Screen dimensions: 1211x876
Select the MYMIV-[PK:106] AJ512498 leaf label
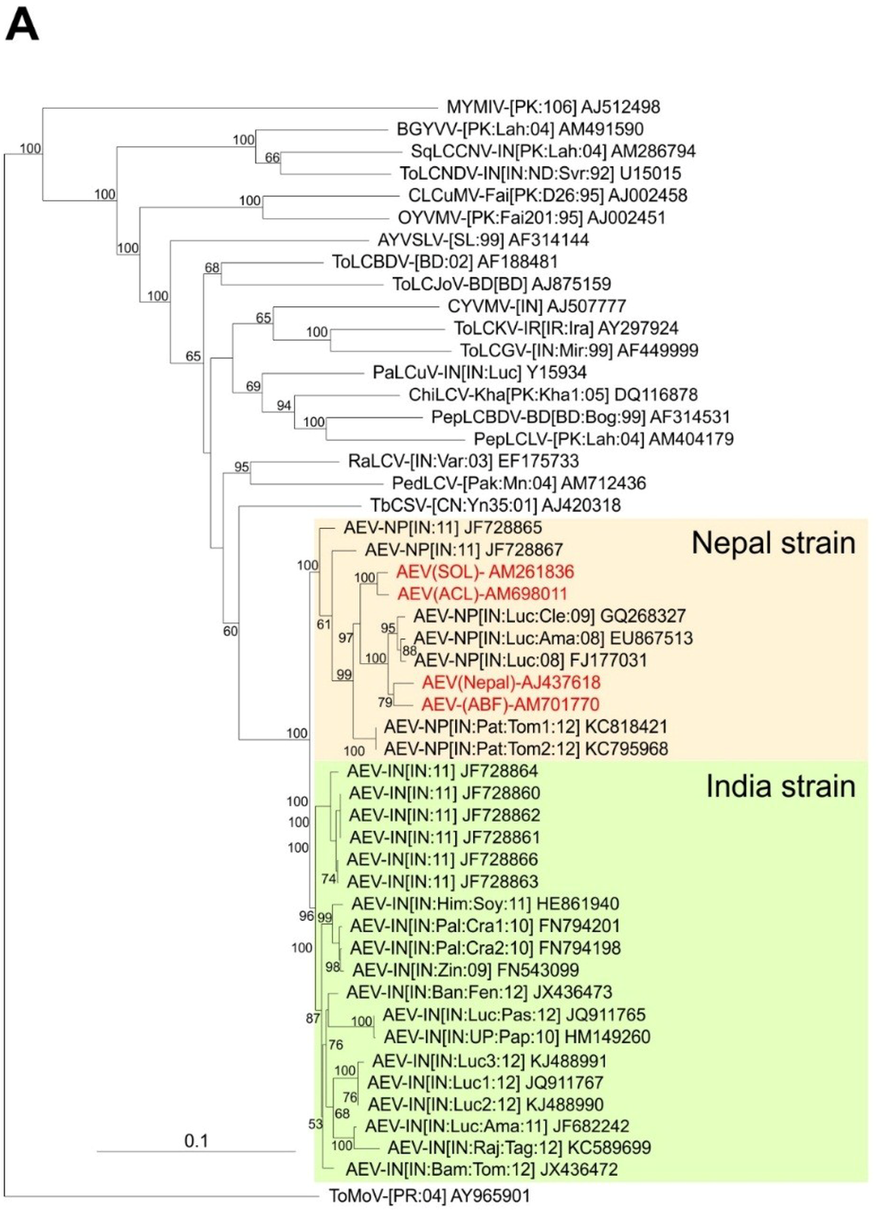tap(553, 107)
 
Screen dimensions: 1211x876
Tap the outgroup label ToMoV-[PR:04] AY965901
tap(429, 1196)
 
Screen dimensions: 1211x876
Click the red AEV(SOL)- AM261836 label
tap(484, 572)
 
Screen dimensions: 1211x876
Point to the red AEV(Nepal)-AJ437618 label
tap(511, 682)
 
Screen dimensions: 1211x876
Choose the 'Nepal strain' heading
tap(772, 543)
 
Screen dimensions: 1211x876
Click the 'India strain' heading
tap(779, 786)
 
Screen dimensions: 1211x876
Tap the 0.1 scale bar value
tap(196, 1140)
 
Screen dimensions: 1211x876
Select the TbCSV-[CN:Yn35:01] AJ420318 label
tap(495, 505)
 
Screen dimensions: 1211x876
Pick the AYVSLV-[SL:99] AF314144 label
tap(482, 240)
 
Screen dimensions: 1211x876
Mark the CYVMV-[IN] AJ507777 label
tap(536, 306)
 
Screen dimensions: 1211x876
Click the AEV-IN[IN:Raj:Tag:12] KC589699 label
tap(518, 1147)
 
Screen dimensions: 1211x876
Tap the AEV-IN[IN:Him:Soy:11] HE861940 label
tap(485, 904)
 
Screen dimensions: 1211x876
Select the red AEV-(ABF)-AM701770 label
tap(510, 704)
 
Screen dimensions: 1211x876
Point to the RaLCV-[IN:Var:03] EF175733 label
tap(463, 461)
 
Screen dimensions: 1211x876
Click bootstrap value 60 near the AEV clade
tap(230, 631)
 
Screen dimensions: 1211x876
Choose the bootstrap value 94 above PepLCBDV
tap(283, 405)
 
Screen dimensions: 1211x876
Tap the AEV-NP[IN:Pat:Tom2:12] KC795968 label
tap(525, 749)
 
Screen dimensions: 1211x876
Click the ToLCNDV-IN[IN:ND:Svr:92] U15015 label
tap(540, 173)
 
